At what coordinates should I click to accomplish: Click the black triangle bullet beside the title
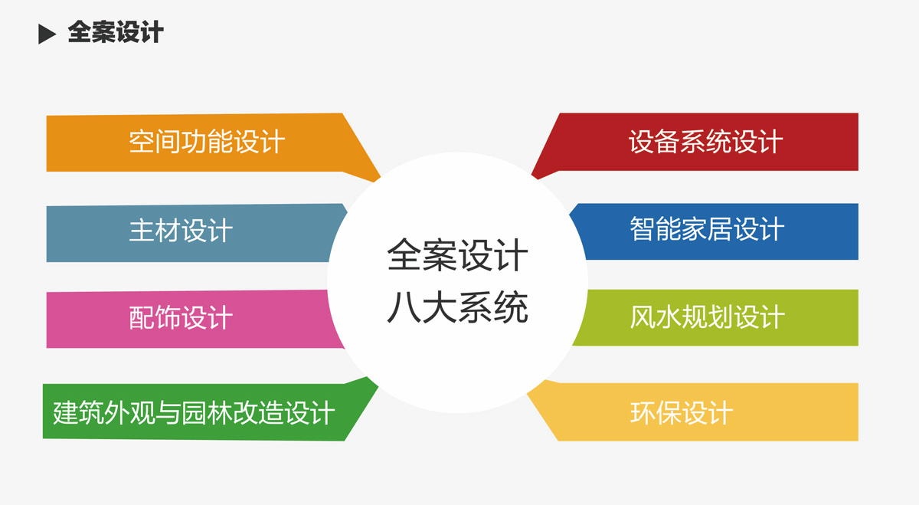click(47, 34)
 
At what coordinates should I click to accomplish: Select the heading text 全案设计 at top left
click(116, 32)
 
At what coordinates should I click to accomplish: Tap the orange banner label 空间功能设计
click(207, 142)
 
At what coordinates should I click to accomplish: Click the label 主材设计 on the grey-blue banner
click(181, 231)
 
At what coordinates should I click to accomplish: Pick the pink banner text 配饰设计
click(181, 317)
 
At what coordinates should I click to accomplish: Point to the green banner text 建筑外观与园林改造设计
click(194, 412)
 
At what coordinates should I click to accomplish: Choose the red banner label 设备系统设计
click(705, 142)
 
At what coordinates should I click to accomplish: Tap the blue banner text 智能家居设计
click(707, 228)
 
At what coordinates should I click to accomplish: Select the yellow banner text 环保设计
click(682, 412)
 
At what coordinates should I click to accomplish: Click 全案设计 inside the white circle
click(457, 255)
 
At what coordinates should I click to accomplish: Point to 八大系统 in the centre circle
click(457, 307)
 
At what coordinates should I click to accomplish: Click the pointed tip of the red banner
click(533, 175)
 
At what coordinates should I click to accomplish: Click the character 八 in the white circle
click(404, 307)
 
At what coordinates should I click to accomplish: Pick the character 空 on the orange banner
click(142, 142)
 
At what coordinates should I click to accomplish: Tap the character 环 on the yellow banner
click(643, 412)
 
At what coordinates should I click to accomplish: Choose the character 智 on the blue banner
click(643, 228)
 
